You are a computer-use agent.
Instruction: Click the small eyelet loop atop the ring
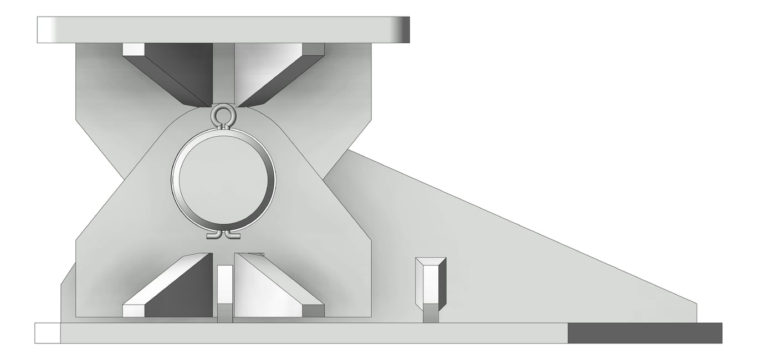[223, 115]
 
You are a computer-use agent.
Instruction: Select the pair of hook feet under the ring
[223, 235]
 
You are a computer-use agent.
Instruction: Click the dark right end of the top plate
[405, 30]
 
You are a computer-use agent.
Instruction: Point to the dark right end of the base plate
[645, 333]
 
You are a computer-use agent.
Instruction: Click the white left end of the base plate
[48, 333]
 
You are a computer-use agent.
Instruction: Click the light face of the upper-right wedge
[263, 69]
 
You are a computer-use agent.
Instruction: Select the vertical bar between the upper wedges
[223, 72]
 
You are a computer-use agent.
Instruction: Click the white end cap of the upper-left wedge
[133, 49]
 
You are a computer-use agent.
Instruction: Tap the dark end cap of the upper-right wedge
[314, 49]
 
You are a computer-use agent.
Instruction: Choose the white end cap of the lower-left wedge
[133, 310]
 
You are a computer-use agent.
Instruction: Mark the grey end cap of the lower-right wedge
[313, 311]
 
